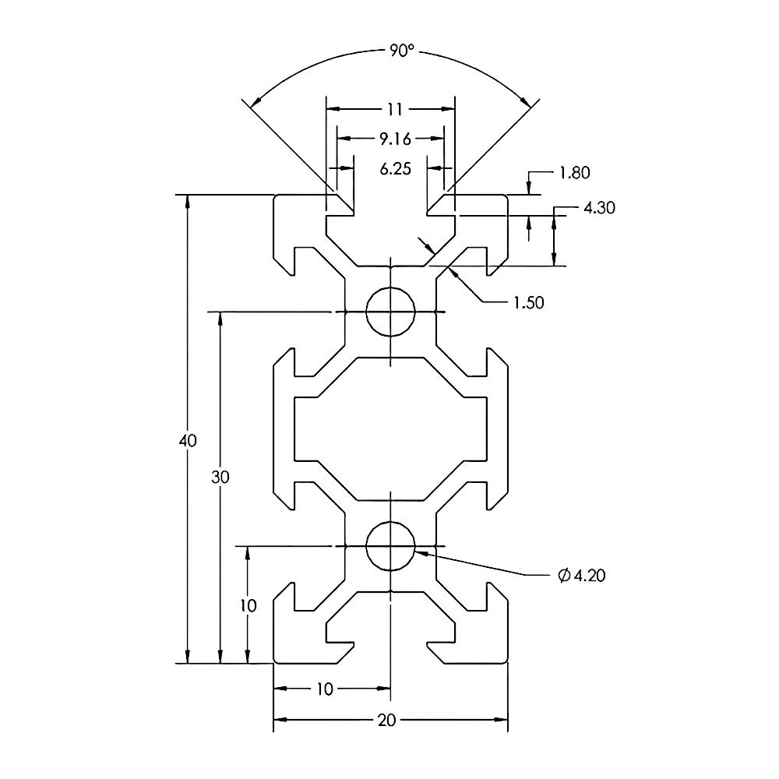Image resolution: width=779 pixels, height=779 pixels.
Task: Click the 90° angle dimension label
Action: pos(400,51)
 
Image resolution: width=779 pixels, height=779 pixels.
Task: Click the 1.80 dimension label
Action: pos(574,173)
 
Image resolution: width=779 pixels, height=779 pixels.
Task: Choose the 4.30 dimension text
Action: pos(599,208)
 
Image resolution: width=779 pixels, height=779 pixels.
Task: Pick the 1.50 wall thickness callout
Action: pos(528,302)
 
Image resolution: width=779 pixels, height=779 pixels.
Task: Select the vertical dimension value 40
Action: pos(187,440)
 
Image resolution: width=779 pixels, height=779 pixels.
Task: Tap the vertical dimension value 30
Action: pos(220,478)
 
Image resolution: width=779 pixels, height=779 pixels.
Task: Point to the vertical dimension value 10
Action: pos(248,605)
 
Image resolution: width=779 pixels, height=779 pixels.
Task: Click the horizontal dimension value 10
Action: pos(325,689)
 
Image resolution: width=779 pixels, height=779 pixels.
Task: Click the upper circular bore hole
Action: pos(389,312)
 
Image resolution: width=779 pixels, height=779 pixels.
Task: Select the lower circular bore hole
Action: pos(389,546)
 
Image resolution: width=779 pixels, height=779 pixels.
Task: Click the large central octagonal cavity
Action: pos(389,428)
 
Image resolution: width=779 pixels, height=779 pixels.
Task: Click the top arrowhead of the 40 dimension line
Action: pos(187,201)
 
